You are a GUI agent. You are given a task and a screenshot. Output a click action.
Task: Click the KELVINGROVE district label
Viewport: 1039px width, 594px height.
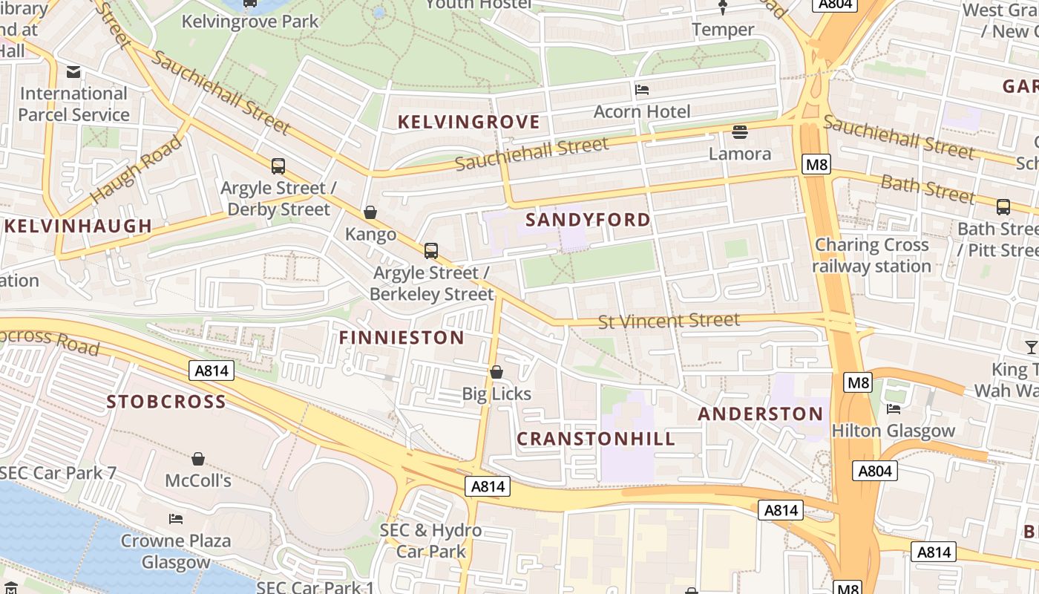tap(468, 122)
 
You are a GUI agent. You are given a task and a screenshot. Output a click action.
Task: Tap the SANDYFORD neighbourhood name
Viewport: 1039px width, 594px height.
tap(588, 220)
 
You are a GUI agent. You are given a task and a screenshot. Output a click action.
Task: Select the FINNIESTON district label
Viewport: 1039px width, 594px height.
tap(401, 338)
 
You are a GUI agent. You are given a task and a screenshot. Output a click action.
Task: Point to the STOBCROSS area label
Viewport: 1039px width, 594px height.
tap(166, 402)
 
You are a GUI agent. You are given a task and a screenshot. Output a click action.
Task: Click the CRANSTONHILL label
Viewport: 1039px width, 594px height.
tap(596, 439)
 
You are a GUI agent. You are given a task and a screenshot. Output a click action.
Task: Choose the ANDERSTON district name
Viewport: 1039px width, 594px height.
tap(761, 414)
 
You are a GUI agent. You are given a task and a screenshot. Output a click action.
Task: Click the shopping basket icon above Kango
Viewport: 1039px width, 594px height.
tap(370, 213)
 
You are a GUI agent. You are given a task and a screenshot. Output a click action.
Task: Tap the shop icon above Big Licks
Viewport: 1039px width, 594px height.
tap(496, 372)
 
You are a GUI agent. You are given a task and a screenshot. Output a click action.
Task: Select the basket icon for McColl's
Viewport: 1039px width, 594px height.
tap(198, 459)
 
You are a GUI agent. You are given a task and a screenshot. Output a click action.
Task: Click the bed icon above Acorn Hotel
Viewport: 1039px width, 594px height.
tap(642, 90)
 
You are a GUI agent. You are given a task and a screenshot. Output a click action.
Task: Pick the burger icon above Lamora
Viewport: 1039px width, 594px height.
tap(739, 132)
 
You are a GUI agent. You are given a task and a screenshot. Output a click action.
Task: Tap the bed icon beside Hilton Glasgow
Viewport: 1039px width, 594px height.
tap(894, 409)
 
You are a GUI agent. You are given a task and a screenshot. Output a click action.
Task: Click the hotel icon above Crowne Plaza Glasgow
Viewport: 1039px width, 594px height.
tap(176, 518)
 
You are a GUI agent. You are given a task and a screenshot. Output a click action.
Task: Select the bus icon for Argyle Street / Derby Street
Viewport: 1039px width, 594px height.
tap(278, 166)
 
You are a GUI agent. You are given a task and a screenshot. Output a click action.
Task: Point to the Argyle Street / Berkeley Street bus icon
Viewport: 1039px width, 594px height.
tap(431, 251)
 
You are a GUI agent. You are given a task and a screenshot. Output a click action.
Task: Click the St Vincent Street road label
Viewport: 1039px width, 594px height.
tap(669, 321)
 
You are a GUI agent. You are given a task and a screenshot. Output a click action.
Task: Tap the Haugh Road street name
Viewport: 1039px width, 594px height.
tap(137, 171)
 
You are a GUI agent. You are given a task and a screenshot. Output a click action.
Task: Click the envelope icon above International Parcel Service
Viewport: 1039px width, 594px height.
tap(73, 72)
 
